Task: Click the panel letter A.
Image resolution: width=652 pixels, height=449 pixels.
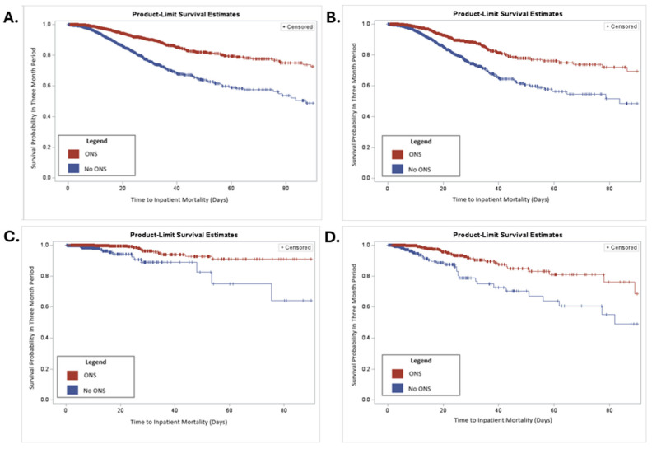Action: (x=11, y=18)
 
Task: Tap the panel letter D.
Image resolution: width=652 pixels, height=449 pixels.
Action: (x=333, y=238)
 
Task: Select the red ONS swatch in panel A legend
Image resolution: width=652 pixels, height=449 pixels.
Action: (x=73, y=154)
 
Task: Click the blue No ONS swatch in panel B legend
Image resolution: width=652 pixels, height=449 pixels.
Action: (x=398, y=169)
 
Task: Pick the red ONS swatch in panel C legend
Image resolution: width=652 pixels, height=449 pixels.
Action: (x=72, y=376)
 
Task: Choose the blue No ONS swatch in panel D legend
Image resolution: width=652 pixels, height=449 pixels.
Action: (x=398, y=388)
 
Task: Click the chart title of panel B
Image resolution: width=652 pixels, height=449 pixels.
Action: (x=508, y=14)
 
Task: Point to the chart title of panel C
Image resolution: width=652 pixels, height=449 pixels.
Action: (x=184, y=235)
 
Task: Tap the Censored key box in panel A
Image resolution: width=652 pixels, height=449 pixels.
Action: (x=298, y=26)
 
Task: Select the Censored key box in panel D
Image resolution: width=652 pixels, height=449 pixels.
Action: (x=622, y=248)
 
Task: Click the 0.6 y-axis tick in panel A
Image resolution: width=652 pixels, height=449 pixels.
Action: (x=47, y=86)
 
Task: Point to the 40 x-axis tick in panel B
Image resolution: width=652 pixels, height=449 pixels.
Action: (x=498, y=189)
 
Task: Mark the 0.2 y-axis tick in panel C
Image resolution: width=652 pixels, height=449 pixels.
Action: (x=45, y=369)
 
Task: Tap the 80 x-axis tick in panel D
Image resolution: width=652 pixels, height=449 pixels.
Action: (x=609, y=410)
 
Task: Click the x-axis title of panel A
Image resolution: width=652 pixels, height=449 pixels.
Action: (x=179, y=199)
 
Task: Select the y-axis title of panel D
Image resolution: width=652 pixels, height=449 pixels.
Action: (x=354, y=325)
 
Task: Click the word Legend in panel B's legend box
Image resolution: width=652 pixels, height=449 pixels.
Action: (x=421, y=142)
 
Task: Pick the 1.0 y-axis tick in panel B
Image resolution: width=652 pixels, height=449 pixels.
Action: (x=366, y=24)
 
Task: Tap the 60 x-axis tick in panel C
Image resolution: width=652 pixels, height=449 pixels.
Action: (x=229, y=411)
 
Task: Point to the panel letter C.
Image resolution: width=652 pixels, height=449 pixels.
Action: (x=12, y=236)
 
